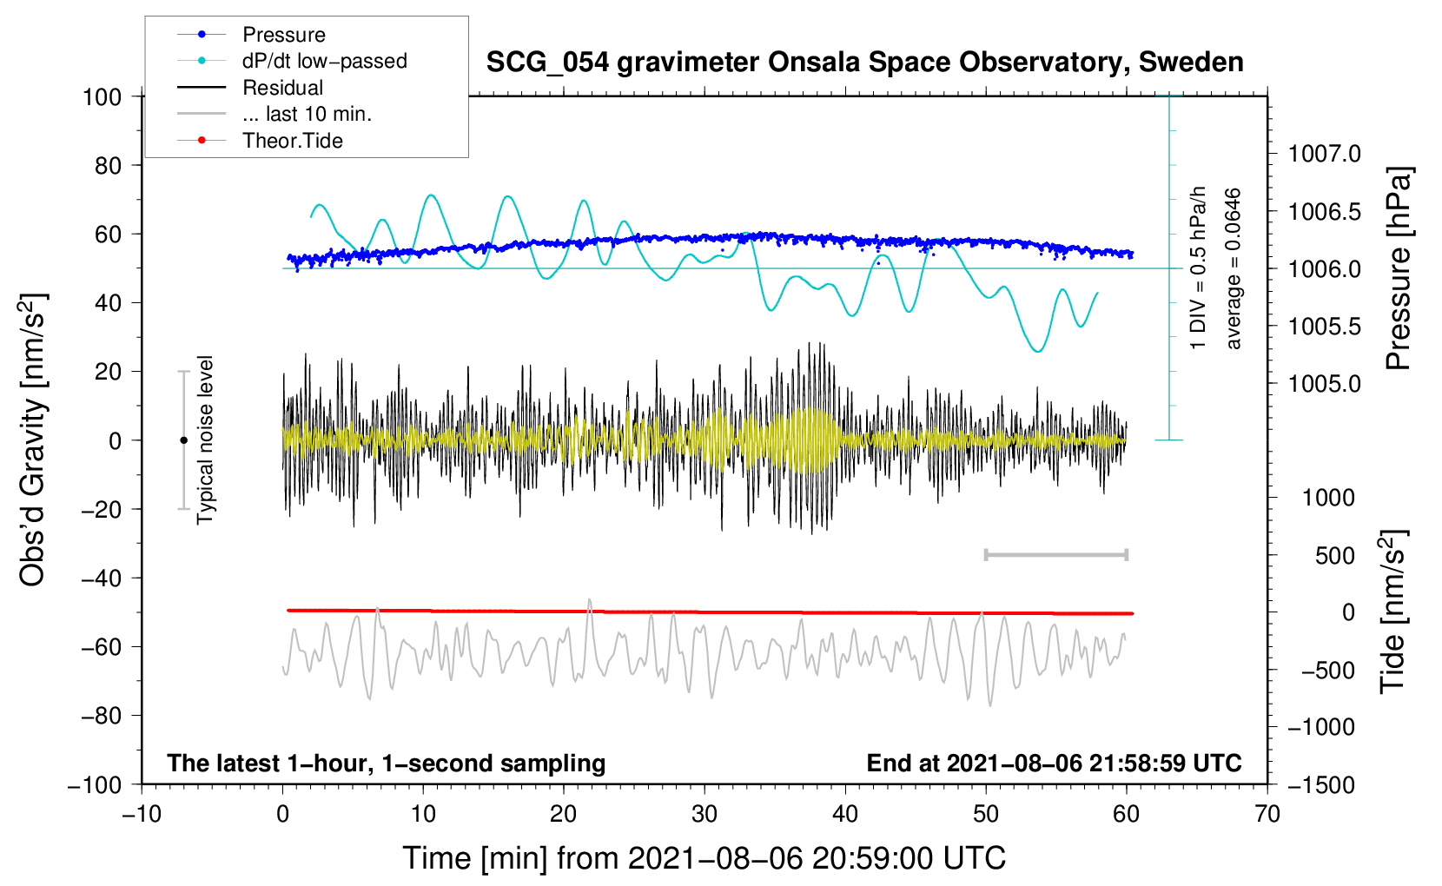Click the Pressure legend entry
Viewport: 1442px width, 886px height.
[252, 34]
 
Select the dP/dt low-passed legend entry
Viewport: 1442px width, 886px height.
[292, 61]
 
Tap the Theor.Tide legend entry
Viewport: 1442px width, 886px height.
[260, 141]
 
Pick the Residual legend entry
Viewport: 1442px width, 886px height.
[250, 88]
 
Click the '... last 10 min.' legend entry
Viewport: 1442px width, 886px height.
[275, 114]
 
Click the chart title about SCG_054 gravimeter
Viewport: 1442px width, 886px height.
[864, 63]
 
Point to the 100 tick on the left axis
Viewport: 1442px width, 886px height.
[103, 97]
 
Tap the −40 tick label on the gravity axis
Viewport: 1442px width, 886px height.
[101, 579]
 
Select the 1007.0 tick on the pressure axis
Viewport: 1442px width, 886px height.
[1325, 154]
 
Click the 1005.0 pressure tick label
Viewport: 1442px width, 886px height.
[1325, 384]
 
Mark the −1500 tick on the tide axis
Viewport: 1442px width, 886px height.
[1321, 785]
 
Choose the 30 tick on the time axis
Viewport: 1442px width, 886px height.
[704, 814]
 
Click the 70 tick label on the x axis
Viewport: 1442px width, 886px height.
[1267, 814]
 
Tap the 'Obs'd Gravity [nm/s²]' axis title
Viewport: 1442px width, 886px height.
[32, 440]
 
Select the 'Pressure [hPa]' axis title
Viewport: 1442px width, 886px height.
[1398, 268]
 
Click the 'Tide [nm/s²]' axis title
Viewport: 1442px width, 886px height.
[1393, 612]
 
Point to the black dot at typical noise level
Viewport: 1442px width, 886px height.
[183, 440]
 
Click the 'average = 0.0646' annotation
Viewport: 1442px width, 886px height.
[1233, 268]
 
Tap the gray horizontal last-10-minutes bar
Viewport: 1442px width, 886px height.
[1055, 554]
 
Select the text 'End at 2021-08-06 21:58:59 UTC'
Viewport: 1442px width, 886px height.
[1054, 763]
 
